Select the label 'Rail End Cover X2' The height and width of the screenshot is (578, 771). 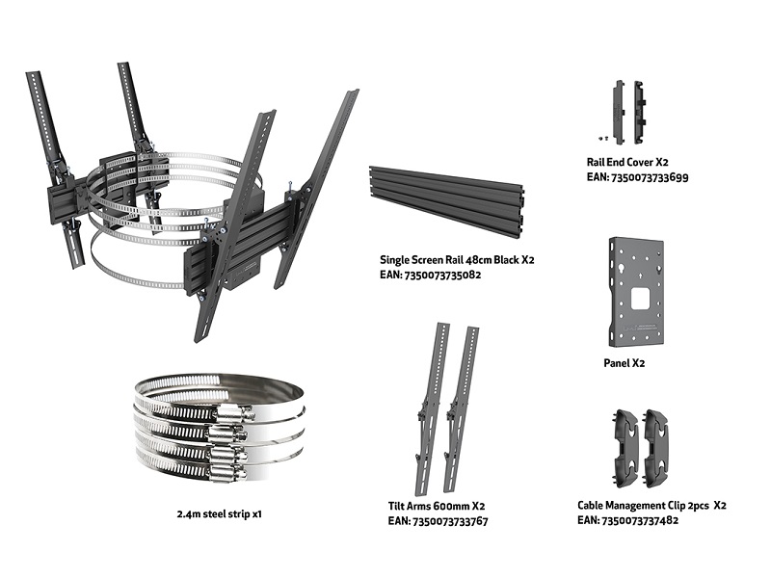[x=627, y=162]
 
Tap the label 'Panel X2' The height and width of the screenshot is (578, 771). [x=624, y=363]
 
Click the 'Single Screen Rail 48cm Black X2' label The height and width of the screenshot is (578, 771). [x=457, y=259]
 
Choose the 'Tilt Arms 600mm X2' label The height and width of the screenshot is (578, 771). [x=437, y=507]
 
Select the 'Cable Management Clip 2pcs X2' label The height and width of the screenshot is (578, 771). [x=651, y=505]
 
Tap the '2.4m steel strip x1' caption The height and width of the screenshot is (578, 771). [x=220, y=514]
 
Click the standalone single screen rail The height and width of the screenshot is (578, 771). [x=446, y=201]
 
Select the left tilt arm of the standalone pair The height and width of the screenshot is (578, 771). [x=430, y=408]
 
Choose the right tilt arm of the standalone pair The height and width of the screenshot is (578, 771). [x=461, y=409]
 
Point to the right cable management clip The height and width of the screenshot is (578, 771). [x=655, y=448]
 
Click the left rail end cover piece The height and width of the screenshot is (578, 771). [x=618, y=113]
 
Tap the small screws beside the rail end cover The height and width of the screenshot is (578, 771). [x=603, y=139]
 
